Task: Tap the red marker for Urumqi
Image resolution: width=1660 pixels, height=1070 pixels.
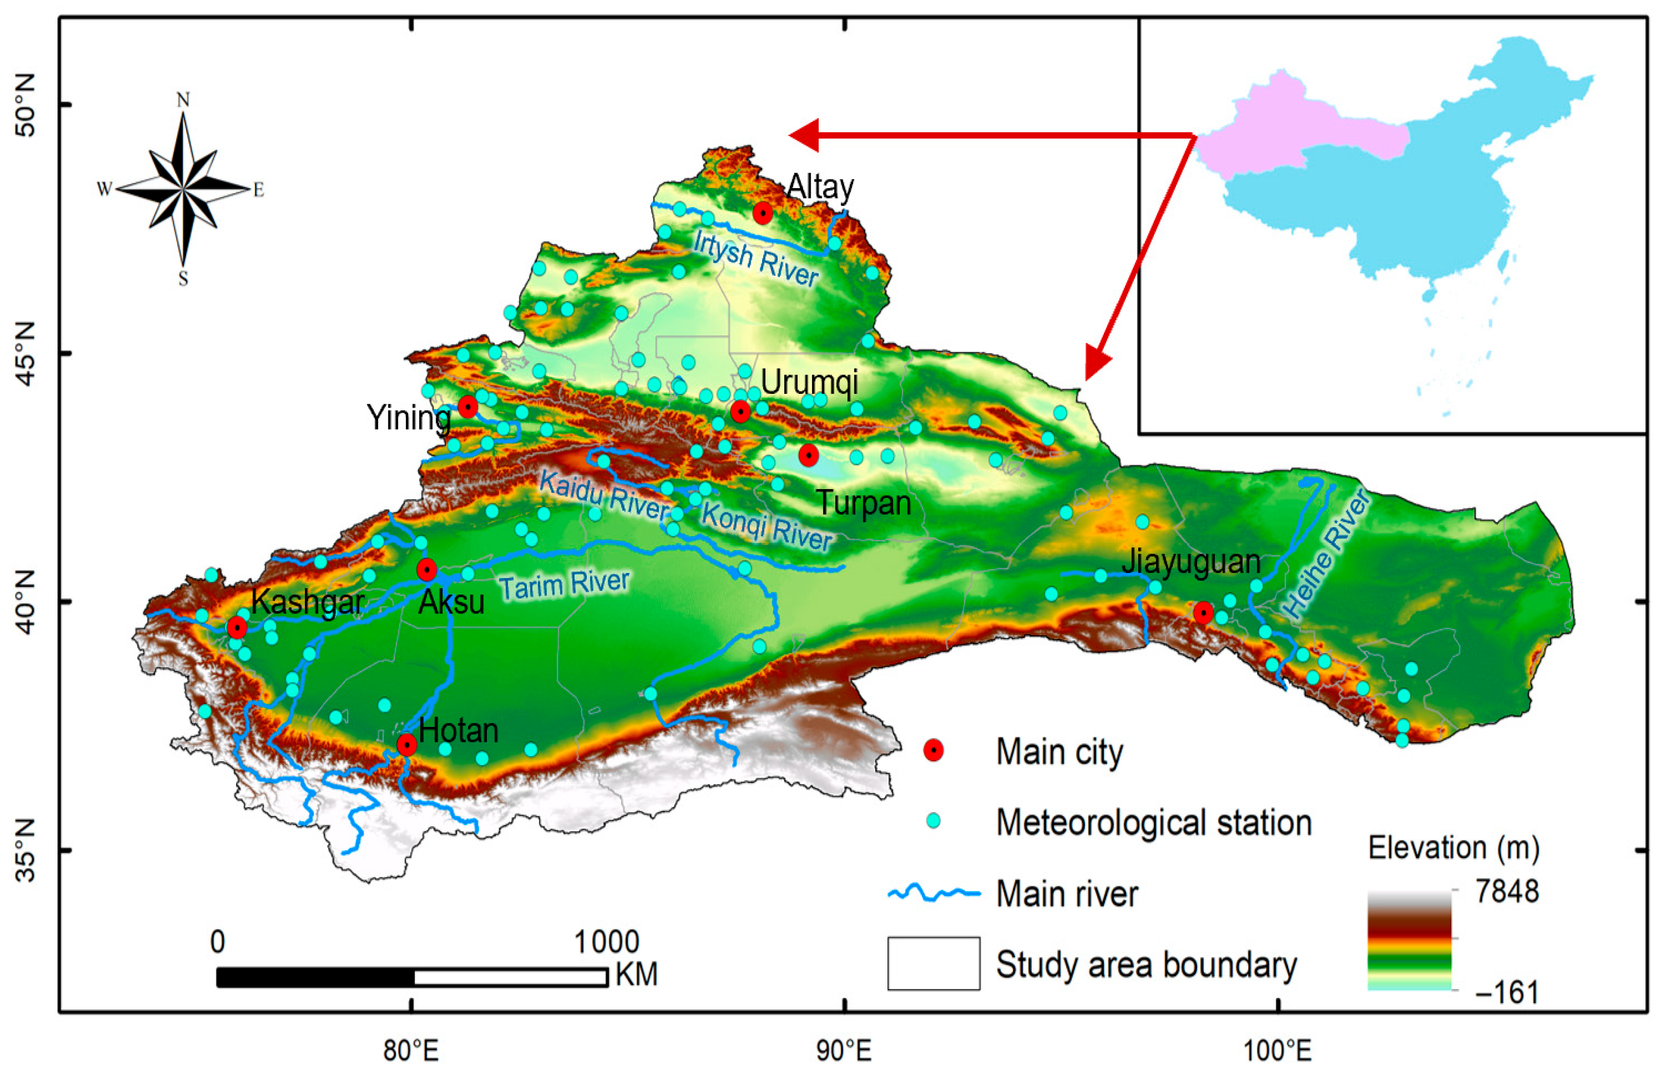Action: tap(740, 411)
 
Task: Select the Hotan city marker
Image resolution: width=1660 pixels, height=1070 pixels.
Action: tap(406, 745)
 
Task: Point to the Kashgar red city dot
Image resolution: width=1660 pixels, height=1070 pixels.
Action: tap(237, 628)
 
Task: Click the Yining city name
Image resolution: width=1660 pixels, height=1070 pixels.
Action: tap(409, 417)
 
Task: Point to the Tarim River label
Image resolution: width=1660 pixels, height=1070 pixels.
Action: tap(565, 584)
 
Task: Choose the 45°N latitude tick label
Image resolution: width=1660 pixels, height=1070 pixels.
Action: tap(25, 353)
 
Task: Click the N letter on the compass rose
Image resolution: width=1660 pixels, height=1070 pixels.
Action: tap(183, 100)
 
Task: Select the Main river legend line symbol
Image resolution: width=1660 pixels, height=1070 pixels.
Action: tap(933, 893)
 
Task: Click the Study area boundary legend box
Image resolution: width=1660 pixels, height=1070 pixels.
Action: tap(933, 963)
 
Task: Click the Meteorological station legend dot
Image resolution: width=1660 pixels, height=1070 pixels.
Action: tap(933, 821)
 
